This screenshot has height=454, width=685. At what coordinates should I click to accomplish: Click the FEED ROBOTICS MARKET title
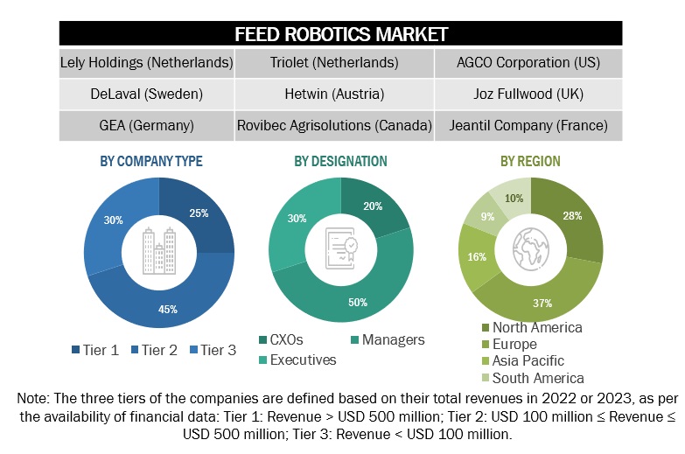[x=341, y=34]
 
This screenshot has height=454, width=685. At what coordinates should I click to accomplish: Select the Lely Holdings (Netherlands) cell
[x=146, y=63]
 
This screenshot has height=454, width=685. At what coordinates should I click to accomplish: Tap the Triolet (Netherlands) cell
[x=335, y=63]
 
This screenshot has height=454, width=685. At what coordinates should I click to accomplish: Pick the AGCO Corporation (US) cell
[x=528, y=63]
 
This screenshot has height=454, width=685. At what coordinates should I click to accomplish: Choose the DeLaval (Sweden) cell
[x=146, y=94]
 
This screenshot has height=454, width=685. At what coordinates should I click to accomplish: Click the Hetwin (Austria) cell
[x=335, y=94]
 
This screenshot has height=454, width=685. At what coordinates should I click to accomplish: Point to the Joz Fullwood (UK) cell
[x=528, y=94]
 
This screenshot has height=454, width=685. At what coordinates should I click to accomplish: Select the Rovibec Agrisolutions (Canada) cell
[x=335, y=125]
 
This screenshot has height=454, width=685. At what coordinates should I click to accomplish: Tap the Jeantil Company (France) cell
[x=528, y=125]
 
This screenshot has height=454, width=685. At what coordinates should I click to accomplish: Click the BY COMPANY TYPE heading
[x=151, y=161]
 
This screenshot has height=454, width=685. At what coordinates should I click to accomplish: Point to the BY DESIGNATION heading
[x=341, y=161]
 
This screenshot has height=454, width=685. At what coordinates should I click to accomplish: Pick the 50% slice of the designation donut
[x=358, y=300]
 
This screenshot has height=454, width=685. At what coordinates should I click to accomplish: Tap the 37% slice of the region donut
[x=542, y=302]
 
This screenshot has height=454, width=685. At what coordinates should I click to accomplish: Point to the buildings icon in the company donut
[x=159, y=251]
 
